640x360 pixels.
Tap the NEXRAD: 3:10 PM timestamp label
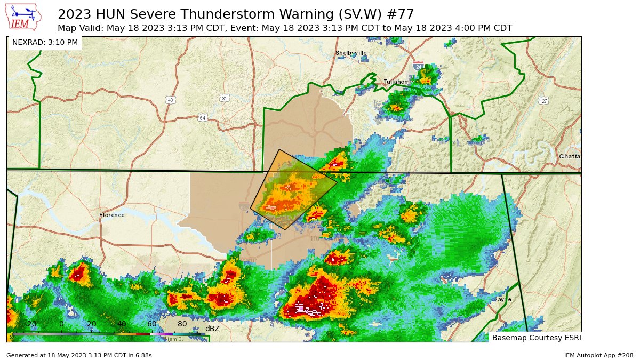tap(45, 42)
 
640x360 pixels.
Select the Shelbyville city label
tap(351, 53)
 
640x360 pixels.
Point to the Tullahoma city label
tap(397, 82)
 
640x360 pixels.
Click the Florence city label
tap(112, 215)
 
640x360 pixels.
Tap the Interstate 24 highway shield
tap(419, 67)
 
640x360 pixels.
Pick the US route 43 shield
tap(170, 100)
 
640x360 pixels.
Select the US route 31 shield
tap(225, 98)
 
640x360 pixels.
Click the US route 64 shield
tap(202, 117)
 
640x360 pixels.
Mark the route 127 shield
tap(543, 101)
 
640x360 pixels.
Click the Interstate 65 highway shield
tap(243, 206)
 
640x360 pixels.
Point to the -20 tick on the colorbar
tap(31, 324)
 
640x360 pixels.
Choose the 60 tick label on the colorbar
tap(151, 324)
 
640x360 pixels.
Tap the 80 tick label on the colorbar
tap(182, 324)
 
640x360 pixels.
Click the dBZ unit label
tap(212, 329)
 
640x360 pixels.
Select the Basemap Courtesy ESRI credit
tap(536, 338)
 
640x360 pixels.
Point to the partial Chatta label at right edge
tap(570, 156)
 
